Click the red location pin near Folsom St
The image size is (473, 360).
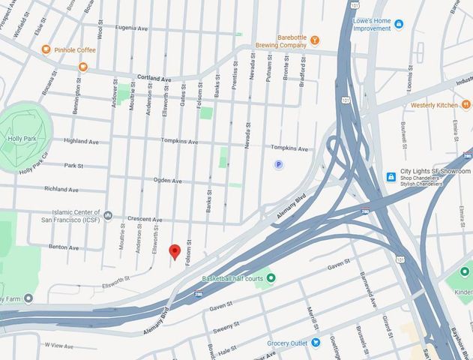pos(174,252)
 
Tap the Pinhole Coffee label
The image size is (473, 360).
pos(75,49)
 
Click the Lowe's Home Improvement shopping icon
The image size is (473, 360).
pos(398,24)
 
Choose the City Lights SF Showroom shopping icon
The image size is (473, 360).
pos(391,177)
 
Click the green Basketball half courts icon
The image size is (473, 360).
pos(271,278)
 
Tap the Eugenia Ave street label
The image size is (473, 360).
pos(131,28)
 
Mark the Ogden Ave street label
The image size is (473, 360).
pos(167,181)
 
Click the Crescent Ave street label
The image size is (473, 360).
pos(145,219)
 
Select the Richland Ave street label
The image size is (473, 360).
pos(61,189)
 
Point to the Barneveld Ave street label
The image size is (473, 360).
pos(372,291)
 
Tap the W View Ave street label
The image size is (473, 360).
pos(58,345)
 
